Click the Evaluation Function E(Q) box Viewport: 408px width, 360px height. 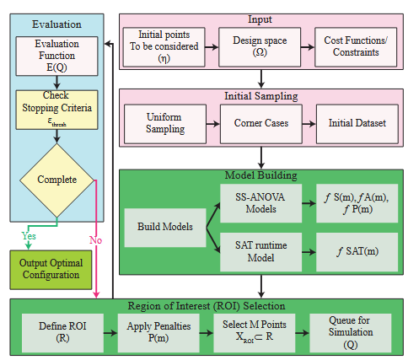(55, 54)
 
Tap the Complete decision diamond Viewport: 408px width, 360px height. (57, 180)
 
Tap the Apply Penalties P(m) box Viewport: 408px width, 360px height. (157, 330)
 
